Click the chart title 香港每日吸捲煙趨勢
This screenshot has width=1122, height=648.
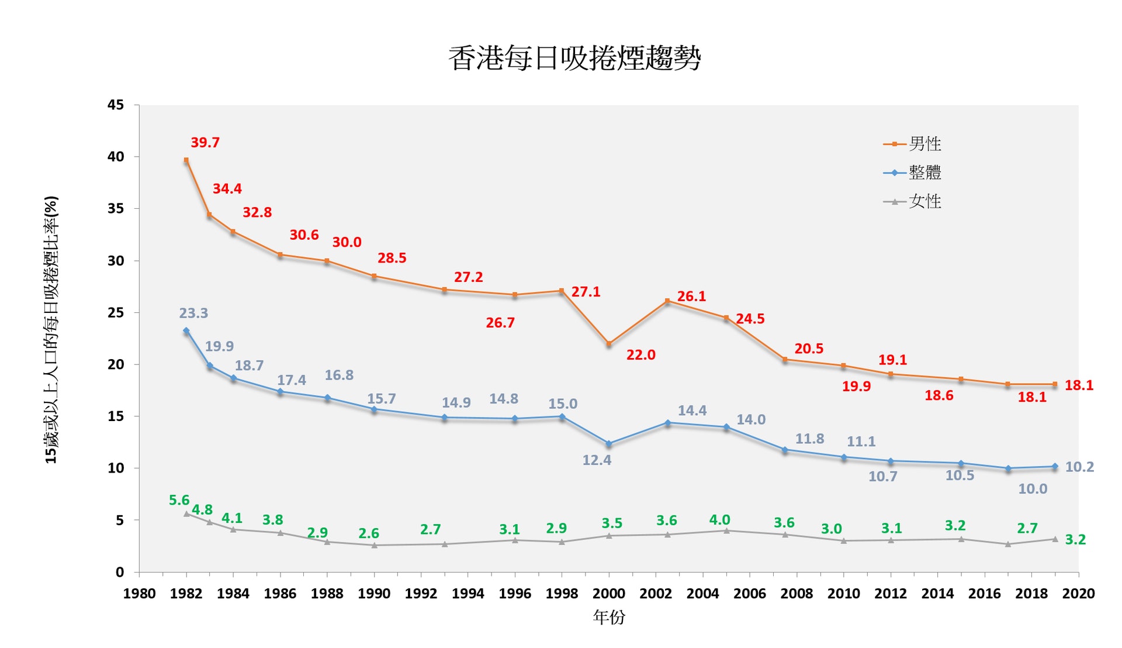pyautogui.click(x=574, y=58)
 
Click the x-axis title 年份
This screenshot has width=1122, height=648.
pyautogui.click(x=609, y=617)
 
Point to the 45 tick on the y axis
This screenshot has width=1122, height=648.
pyautogui.click(x=116, y=105)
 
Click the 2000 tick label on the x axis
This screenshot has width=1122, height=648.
pyautogui.click(x=609, y=594)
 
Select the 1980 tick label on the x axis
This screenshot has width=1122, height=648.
pyautogui.click(x=139, y=594)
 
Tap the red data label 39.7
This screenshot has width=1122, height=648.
pyautogui.click(x=205, y=143)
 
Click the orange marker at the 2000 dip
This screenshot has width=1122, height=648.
pyautogui.click(x=609, y=344)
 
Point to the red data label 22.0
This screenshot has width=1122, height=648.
pyautogui.click(x=640, y=355)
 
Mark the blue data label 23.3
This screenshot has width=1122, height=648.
pyautogui.click(x=193, y=313)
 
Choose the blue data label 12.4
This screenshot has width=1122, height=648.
pyautogui.click(x=597, y=460)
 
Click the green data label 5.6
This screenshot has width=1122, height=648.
pyautogui.click(x=179, y=501)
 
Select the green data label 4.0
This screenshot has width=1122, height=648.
pyautogui.click(x=719, y=520)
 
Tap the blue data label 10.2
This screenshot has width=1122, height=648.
pyautogui.click(x=1079, y=467)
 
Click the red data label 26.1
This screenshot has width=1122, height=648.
pyautogui.click(x=691, y=297)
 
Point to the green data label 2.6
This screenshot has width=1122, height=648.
pyautogui.click(x=369, y=533)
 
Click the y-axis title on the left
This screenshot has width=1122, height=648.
pyautogui.click(x=51, y=330)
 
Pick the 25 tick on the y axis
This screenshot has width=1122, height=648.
pyautogui.click(x=116, y=313)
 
